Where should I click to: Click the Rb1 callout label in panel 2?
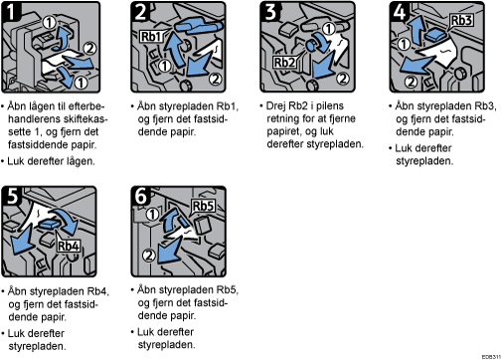pos(150,36)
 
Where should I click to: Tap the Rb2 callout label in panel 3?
pos(284,62)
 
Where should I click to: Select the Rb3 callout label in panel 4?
pos(461,20)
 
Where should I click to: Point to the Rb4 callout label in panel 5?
pos(69,246)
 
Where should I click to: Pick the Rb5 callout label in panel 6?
pos(203,206)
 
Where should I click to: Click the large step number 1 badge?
pos(10,11)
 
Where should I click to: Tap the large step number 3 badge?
pos(270,11)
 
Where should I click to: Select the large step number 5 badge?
pos(12,195)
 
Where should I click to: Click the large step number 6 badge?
pos(140,195)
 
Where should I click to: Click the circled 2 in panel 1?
pos(88,49)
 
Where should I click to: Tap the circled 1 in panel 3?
pos(328,29)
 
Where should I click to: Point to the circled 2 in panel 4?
pos(411,82)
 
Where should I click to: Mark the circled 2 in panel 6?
pos(149,256)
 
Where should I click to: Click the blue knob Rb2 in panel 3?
pos(311,45)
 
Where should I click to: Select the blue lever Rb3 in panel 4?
pos(434,35)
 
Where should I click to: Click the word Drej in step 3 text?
pos(276,106)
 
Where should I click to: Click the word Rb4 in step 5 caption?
pos(97,291)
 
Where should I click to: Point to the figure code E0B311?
pos(491,357)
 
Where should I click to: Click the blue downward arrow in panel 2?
pos(198,64)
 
